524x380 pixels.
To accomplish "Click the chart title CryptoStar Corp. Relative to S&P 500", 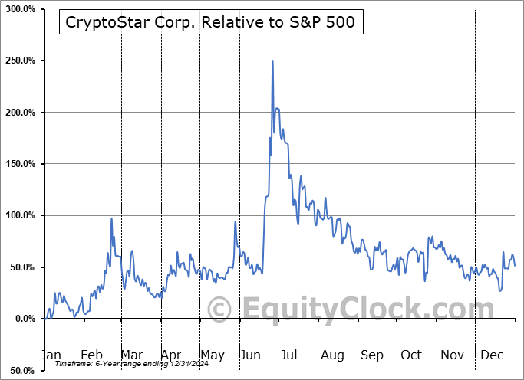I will click(x=210, y=22).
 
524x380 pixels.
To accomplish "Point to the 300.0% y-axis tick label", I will click(x=20, y=9).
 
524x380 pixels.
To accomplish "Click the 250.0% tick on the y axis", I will click(x=20, y=61).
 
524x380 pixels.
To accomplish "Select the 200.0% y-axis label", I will click(x=20, y=113).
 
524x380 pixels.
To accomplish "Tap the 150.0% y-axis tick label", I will click(x=20, y=164).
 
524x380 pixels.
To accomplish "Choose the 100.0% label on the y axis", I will click(x=20, y=215).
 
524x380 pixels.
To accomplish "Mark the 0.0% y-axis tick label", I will click(x=23, y=319).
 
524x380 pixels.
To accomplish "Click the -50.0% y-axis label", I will click(x=20, y=371).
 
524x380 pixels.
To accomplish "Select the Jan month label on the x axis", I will click(x=50, y=355).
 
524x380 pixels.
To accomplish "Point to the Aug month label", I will click(x=332, y=355).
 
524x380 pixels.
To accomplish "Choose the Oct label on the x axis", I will click(x=411, y=355).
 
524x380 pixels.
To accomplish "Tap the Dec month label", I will click(x=491, y=355).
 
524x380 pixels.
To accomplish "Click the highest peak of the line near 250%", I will click(x=272, y=61).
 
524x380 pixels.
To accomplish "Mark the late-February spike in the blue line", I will click(x=111, y=219).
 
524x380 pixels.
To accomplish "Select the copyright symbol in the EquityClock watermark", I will click(x=220, y=310).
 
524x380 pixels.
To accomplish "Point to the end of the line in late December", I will click(x=515, y=265).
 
